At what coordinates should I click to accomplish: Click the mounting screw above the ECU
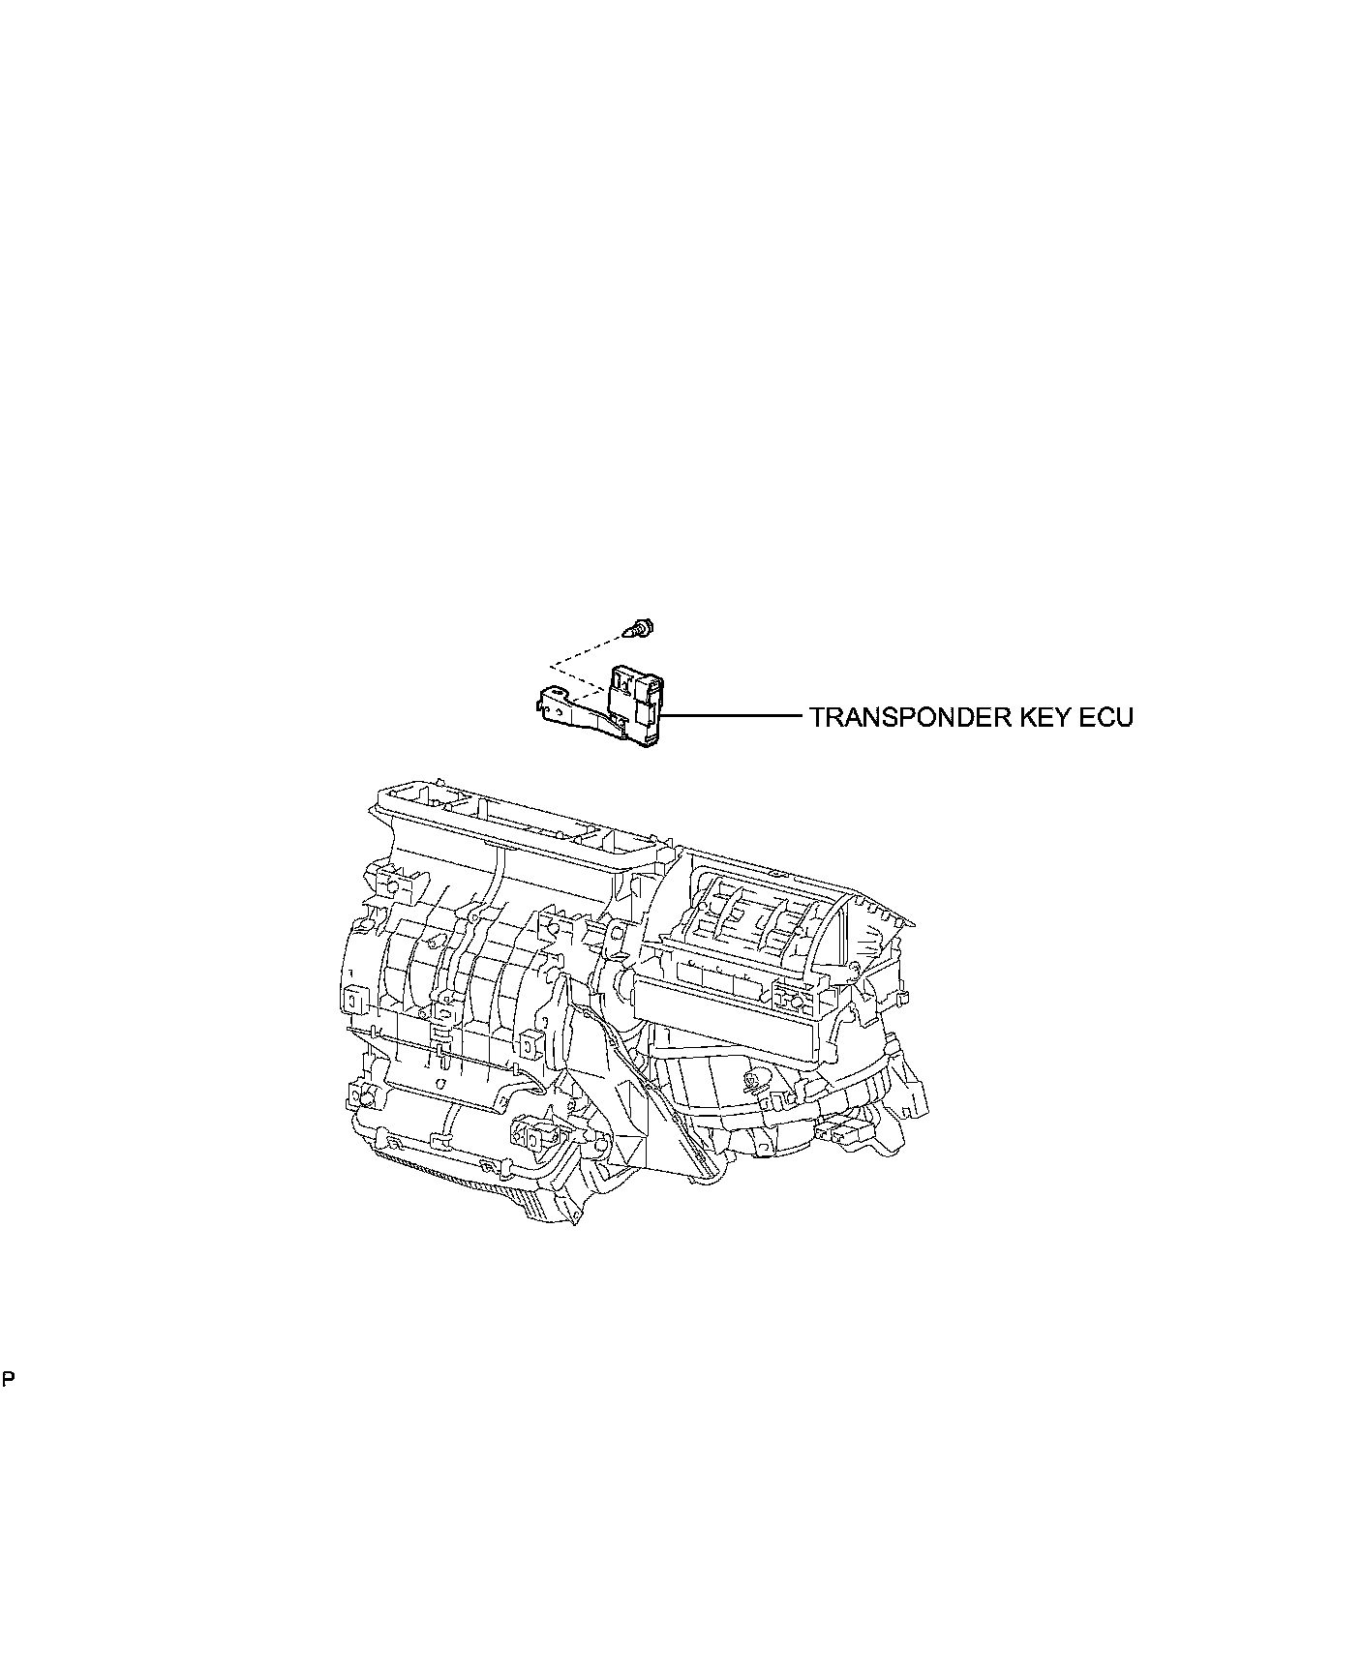pyautogui.click(x=639, y=629)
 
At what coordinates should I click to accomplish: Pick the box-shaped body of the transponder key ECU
pyautogui.click(x=635, y=702)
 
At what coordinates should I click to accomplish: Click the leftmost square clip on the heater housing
pyautogui.click(x=353, y=997)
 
